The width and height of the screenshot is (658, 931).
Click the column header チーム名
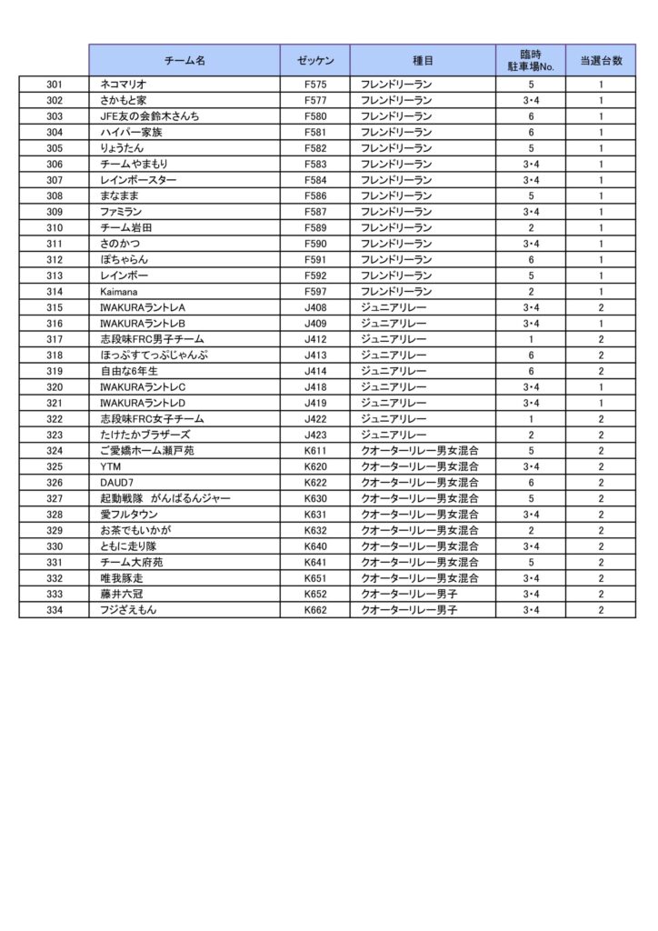click(x=184, y=60)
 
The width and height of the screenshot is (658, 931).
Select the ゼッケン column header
click(x=314, y=60)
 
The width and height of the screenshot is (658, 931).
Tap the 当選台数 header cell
click(x=600, y=60)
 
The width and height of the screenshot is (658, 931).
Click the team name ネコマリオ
click(x=123, y=85)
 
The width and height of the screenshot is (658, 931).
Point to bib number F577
click(x=315, y=100)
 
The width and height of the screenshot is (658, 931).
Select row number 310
click(x=55, y=227)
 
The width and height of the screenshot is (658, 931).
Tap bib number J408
click(x=315, y=307)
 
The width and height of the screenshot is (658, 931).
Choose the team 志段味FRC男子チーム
click(x=152, y=339)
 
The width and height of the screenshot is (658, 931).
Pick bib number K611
click(x=315, y=450)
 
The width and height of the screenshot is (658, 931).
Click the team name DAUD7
click(x=116, y=482)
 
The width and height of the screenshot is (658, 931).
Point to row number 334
click(x=55, y=609)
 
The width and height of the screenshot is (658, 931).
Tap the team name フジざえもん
click(x=128, y=609)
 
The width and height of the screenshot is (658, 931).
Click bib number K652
click(x=315, y=594)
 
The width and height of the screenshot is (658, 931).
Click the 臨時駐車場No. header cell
click(x=530, y=60)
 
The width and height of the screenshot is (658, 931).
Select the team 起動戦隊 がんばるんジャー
click(x=165, y=498)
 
